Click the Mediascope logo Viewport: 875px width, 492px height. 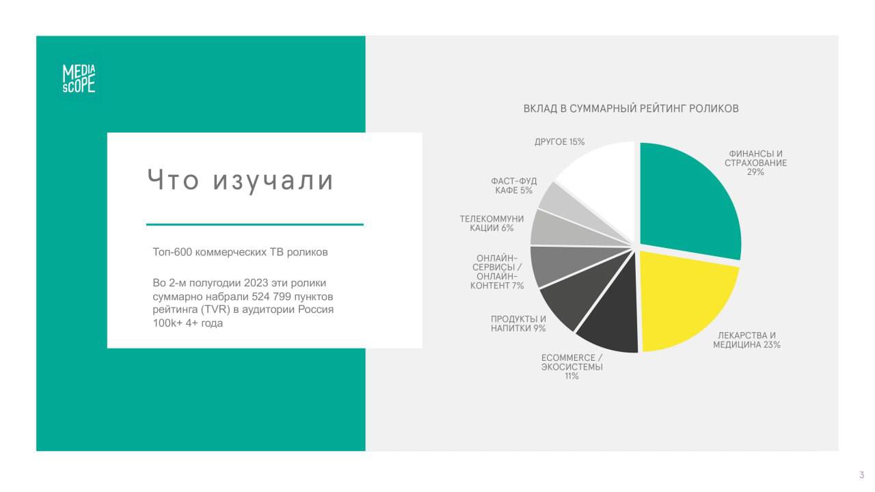point(79,79)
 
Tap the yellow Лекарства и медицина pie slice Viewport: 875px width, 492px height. point(684,301)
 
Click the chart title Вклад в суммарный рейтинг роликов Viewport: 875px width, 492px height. point(631,109)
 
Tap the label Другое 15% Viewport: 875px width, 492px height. point(559,141)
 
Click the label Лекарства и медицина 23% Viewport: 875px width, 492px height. point(746,340)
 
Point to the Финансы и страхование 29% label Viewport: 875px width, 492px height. point(755,163)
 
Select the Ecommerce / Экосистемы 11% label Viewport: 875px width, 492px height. point(572,367)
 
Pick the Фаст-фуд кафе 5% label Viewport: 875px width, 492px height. point(513,185)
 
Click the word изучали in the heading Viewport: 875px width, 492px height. point(273,180)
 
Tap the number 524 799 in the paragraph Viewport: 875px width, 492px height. point(271,297)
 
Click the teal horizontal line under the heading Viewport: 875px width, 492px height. point(255,225)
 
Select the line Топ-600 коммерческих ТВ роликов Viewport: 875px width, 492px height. point(240,252)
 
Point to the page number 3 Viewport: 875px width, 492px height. point(862,475)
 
